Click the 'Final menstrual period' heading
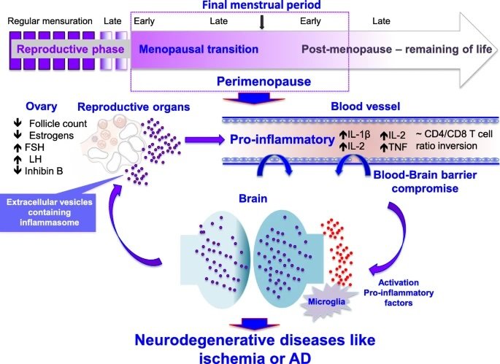click(x=261, y=5)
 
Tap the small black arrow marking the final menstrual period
click(x=262, y=23)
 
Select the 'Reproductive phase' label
click(x=71, y=50)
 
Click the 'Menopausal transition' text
click(x=199, y=50)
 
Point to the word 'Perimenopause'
click(x=264, y=82)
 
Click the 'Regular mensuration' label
click(x=50, y=21)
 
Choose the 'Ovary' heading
click(x=42, y=107)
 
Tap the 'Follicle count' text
click(x=58, y=124)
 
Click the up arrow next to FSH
click(x=18, y=147)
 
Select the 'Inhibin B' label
click(x=44, y=171)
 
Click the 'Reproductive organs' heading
click(x=134, y=107)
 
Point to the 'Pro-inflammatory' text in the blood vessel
click(x=282, y=139)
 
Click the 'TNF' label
click(x=398, y=147)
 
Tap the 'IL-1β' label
click(x=358, y=135)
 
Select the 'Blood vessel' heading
click(x=366, y=107)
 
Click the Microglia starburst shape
click(x=327, y=300)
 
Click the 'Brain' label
click(x=253, y=198)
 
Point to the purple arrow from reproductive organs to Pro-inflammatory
click(x=204, y=139)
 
